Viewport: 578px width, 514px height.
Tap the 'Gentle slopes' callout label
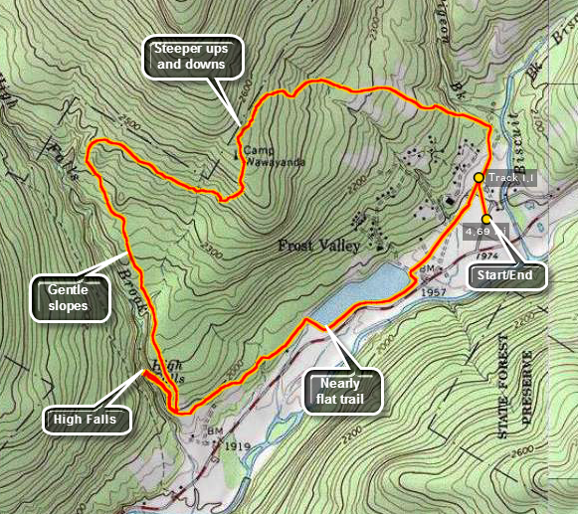68,297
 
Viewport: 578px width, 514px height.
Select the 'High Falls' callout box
87,420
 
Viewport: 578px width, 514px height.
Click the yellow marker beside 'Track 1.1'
479,178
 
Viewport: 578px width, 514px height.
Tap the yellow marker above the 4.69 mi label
486,219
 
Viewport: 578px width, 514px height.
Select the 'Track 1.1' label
512,178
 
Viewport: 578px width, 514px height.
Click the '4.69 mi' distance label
487,232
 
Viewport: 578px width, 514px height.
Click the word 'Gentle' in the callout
68,289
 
